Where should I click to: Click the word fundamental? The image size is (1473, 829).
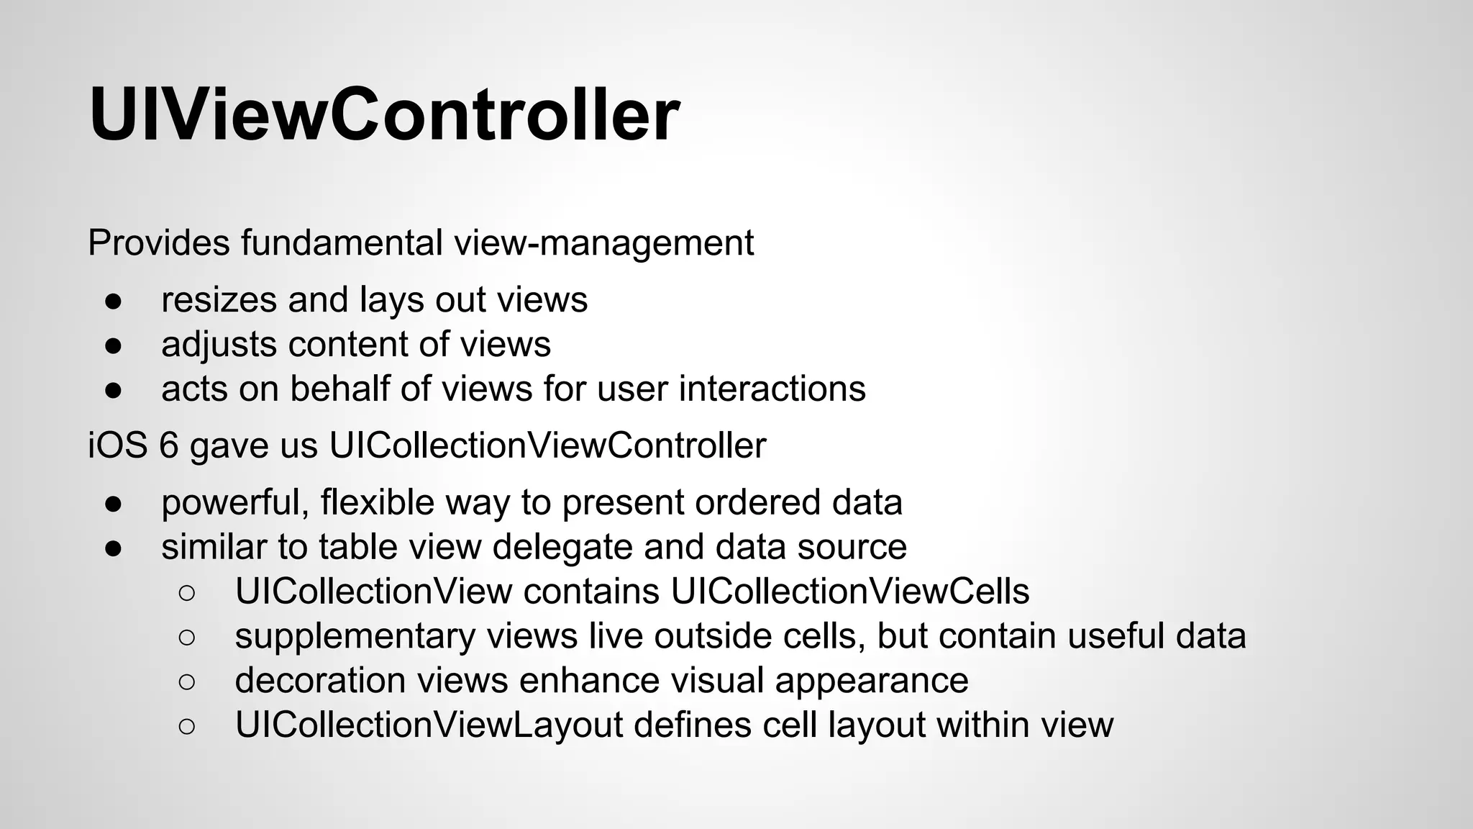tap(342, 243)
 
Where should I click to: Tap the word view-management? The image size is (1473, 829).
tap(603, 243)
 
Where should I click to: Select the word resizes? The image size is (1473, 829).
tap(219, 299)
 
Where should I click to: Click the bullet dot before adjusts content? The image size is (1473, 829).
tap(114, 345)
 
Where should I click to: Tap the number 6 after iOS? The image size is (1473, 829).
tap(168, 445)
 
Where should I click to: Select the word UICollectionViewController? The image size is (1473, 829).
tap(547, 445)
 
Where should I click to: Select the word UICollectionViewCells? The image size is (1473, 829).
tap(850, 592)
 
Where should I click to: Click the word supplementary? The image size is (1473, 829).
tap(355, 637)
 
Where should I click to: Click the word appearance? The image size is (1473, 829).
tap(872, 681)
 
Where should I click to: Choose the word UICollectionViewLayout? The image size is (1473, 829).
tap(429, 725)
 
